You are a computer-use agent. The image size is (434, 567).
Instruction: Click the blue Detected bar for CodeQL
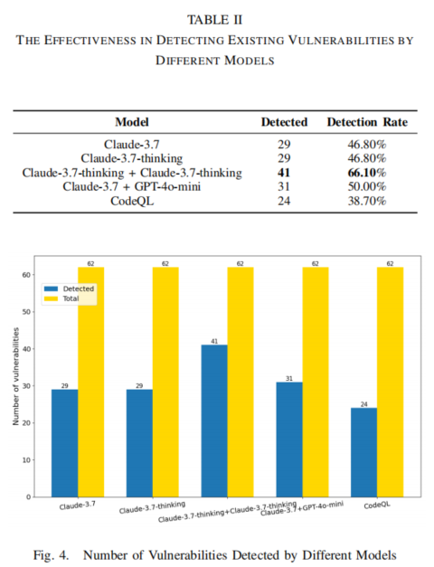click(x=363, y=452)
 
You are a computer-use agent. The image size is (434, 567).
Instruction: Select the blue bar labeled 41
click(x=214, y=421)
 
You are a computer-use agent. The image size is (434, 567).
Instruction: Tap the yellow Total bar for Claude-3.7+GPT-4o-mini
click(x=316, y=383)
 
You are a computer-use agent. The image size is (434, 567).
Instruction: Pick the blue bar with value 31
click(x=289, y=439)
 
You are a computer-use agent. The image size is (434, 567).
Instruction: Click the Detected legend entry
click(x=69, y=288)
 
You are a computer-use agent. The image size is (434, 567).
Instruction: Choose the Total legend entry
click(x=61, y=298)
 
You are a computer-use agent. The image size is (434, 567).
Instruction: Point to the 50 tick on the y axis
click(x=26, y=312)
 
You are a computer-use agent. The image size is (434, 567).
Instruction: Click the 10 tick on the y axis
click(x=26, y=460)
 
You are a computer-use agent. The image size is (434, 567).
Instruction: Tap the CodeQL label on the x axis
click(x=377, y=505)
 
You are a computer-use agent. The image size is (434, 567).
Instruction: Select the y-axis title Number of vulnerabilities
click(x=15, y=376)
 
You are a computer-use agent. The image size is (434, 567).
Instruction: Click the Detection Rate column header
click(x=367, y=122)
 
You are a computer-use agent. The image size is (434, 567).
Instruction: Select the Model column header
click(x=132, y=122)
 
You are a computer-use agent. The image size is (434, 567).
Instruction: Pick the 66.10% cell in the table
click(x=367, y=173)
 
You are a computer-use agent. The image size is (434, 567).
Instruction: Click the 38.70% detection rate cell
click(x=367, y=201)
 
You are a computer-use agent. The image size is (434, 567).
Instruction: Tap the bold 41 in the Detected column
click(x=284, y=173)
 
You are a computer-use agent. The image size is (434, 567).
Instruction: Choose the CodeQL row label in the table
click(x=132, y=201)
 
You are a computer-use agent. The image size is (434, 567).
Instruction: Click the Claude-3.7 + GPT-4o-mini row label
click(x=132, y=186)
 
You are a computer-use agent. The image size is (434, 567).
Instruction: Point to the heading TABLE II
click(x=215, y=20)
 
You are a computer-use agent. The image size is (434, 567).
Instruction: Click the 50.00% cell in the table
click(x=367, y=186)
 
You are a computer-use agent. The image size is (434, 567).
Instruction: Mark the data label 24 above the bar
click(x=363, y=404)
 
